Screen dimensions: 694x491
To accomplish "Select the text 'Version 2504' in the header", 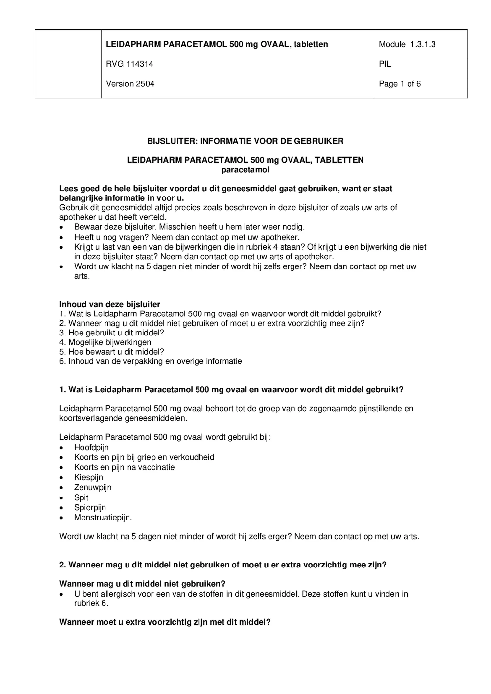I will tap(130, 84).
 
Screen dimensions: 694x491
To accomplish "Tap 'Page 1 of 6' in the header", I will tap(400, 84).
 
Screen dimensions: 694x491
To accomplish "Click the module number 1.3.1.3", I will tap(423, 44).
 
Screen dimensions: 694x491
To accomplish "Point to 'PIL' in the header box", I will tap(385, 64).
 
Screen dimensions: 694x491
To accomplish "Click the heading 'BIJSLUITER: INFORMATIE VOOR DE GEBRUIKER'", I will tap(245, 141).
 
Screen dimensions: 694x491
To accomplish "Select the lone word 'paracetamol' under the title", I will tap(245, 170).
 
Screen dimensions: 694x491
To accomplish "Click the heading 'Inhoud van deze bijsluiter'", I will tap(109, 304).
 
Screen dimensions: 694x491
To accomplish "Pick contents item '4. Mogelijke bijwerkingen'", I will tap(105, 342).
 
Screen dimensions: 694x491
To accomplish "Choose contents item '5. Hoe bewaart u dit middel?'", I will tap(111, 352).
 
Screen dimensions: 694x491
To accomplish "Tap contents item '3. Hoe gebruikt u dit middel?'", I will tap(111, 333).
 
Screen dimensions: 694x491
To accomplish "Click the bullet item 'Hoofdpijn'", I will tap(91, 448).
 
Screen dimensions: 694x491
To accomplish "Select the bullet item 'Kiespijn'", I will tap(88, 477).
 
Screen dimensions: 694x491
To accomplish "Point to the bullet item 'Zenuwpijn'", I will tap(93, 487).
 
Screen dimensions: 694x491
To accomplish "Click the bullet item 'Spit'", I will tap(81, 497).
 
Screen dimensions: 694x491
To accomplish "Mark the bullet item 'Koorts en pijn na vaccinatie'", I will tap(124, 467).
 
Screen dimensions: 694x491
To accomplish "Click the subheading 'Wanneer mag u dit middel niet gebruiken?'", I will tap(142, 584).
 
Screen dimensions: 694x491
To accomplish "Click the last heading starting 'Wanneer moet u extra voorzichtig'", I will tap(165, 622).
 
